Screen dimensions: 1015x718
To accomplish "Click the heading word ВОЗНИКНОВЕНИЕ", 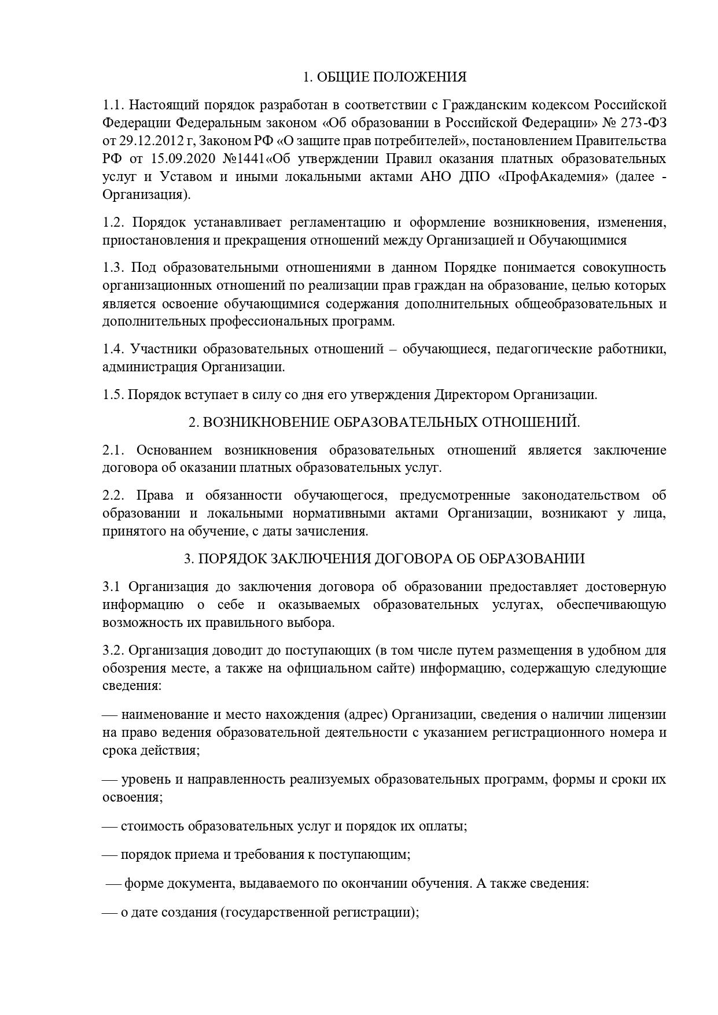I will [x=265, y=423].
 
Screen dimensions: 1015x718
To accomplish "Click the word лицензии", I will [x=638, y=715].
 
